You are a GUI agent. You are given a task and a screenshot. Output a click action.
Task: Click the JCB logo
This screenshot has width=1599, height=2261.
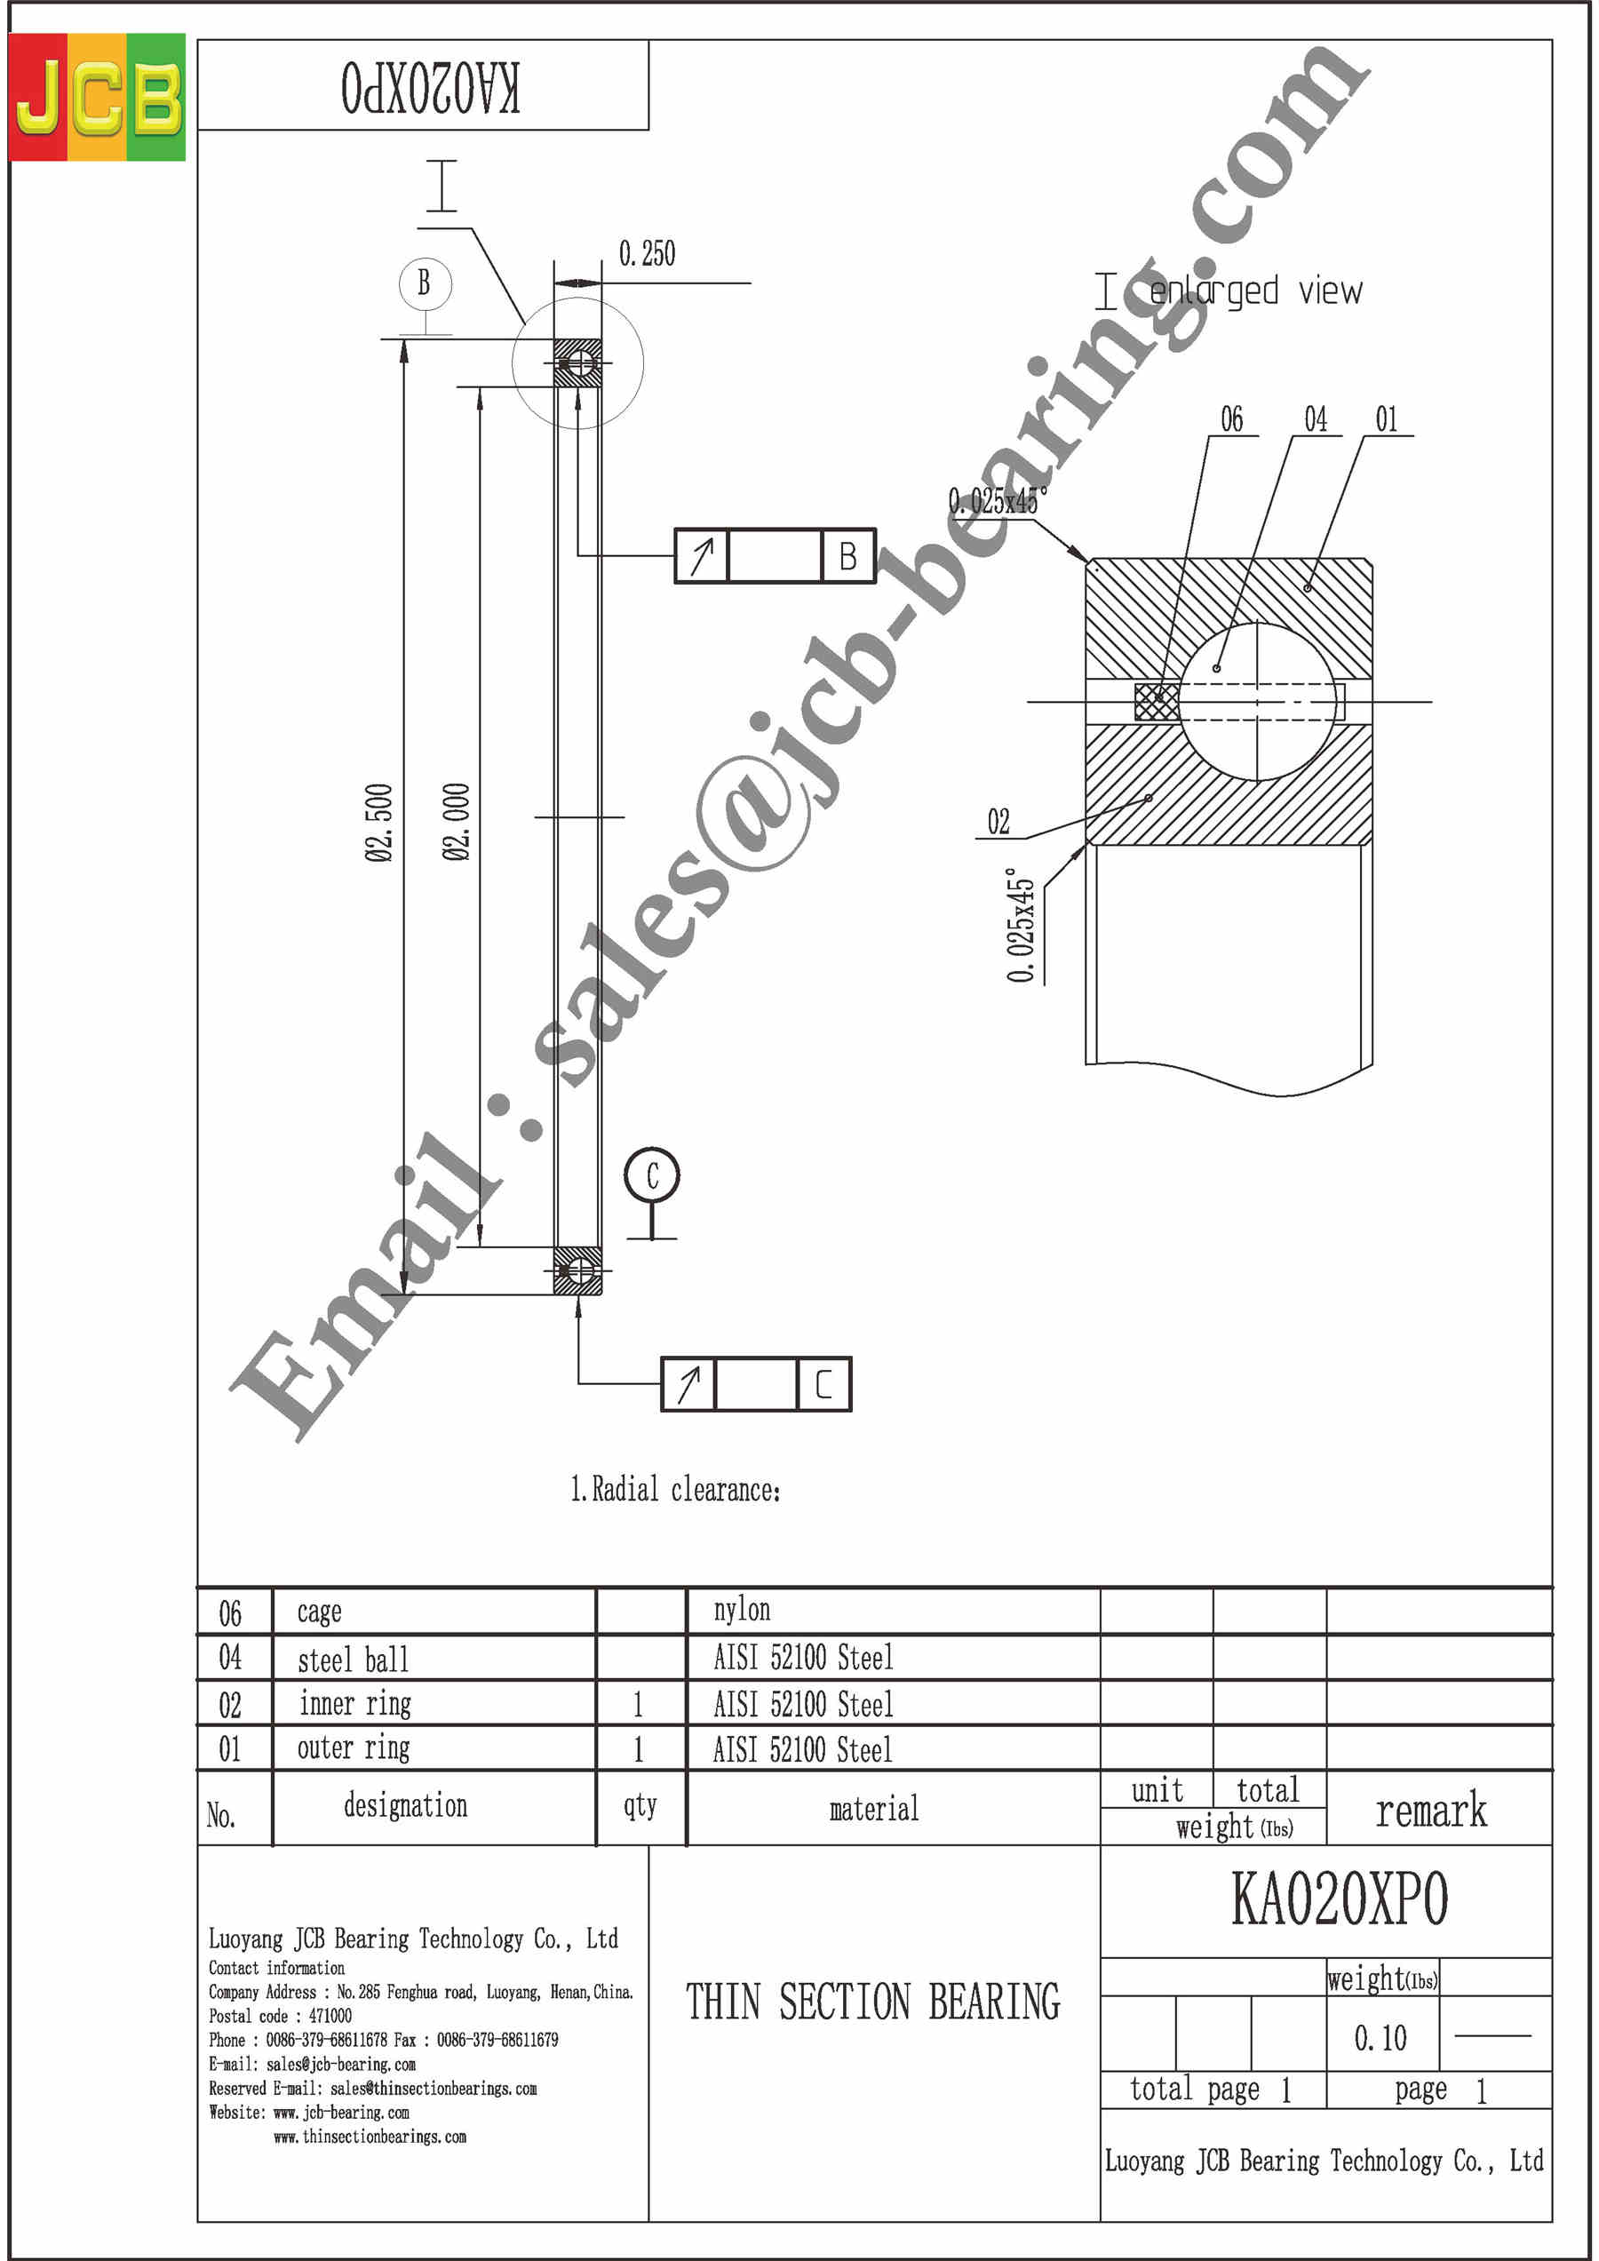click(x=97, y=97)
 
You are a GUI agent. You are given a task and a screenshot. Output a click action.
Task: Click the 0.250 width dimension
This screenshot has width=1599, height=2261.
click(x=647, y=254)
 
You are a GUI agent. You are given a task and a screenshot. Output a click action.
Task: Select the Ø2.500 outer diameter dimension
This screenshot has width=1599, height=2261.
click(x=379, y=823)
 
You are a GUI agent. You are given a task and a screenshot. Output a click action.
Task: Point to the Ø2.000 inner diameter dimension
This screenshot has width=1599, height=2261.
click(x=456, y=823)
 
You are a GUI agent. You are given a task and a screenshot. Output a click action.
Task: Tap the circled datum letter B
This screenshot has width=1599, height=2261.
click(x=425, y=283)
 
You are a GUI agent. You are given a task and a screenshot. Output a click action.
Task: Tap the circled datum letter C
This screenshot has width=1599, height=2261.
click(x=652, y=1174)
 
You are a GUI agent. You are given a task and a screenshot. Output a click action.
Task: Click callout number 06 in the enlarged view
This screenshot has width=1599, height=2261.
click(x=1232, y=418)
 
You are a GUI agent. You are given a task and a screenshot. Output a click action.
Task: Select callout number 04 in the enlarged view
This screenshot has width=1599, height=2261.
click(x=1316, y=418)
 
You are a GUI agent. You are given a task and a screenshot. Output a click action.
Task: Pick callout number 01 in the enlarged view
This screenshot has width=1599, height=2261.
click(x=1387, y=418)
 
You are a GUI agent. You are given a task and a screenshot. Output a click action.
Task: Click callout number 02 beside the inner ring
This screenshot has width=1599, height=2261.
click(x=998, y=821)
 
